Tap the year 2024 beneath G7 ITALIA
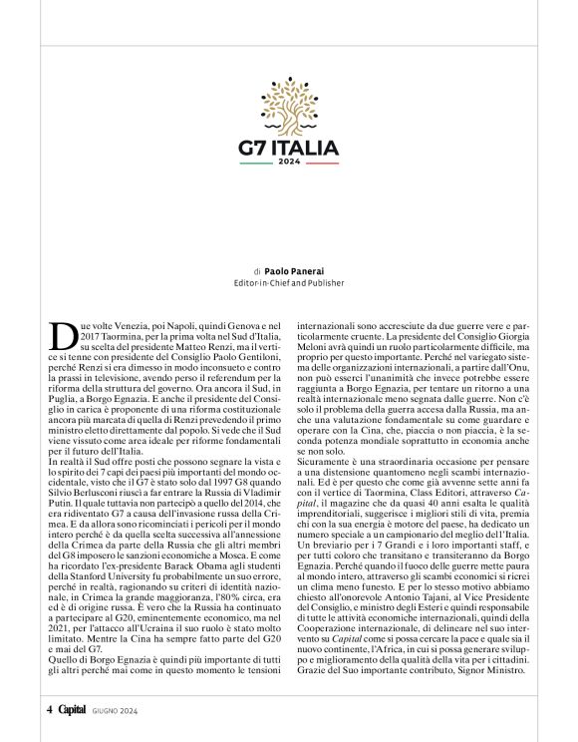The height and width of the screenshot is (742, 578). [289, 163]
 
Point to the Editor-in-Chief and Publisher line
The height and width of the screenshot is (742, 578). [288, 282]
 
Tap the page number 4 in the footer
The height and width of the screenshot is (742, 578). [49, 710]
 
